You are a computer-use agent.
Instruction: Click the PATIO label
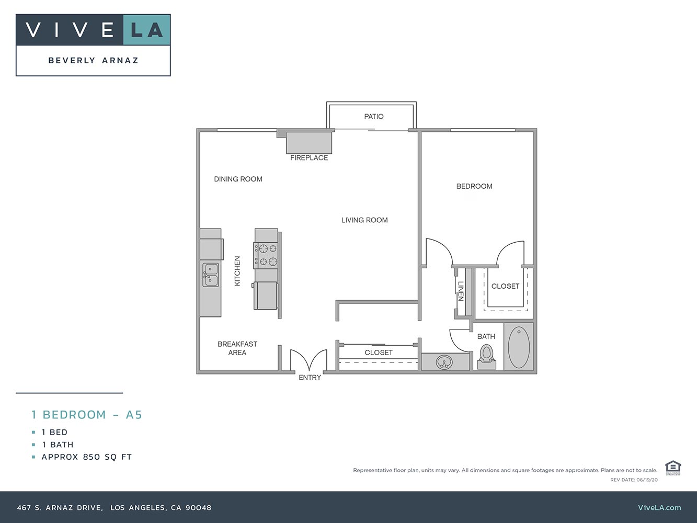374,117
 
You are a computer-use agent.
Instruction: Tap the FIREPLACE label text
309,157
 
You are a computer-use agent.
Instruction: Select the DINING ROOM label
238,179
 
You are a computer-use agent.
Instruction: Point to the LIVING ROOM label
364,220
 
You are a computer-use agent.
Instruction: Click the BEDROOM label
474,186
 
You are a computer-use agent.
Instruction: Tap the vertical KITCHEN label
237,271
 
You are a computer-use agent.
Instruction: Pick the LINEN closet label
461,291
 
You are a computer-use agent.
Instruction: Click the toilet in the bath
487,356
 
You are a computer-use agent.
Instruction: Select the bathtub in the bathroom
519,347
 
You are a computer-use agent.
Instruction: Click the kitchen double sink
211,275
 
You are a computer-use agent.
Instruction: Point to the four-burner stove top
266,255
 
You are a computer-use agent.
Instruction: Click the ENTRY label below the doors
310,378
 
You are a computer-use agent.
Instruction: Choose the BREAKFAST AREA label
237,348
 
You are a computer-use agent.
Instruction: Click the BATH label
486,337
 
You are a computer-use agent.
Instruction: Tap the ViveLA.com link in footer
659,507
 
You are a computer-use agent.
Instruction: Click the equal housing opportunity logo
672,467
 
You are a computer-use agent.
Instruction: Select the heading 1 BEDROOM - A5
87,415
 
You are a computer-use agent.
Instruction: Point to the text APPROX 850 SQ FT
87,457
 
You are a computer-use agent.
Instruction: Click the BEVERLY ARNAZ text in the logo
94,61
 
